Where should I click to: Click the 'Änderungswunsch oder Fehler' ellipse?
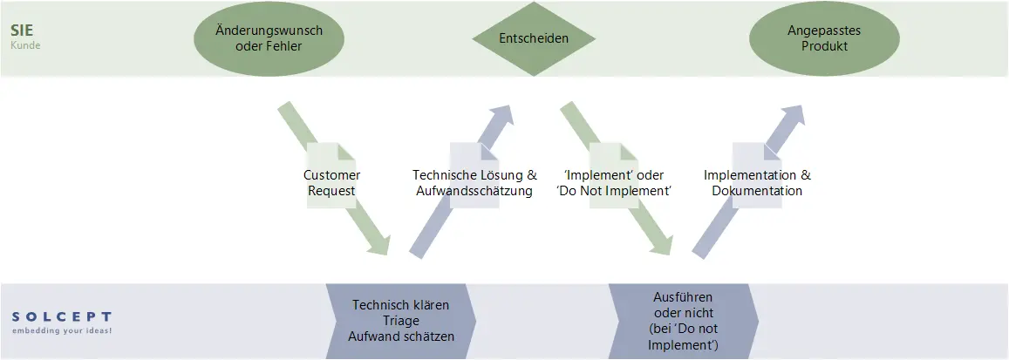[x=269, y=38]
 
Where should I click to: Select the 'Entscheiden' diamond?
[x=534, y=38]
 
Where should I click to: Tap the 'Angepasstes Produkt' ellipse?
[x=824, y=38]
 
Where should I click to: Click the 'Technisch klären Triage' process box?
[x=400, y=320]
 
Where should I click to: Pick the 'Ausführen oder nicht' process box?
[x=682, y=321]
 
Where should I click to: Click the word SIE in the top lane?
[x=23, y=30]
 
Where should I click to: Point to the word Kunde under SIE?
[x=25, y=44]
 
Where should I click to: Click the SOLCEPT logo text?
[x=62, y=316]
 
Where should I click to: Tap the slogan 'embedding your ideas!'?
[x=62, y=331]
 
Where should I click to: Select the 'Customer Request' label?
[x=331, y=183]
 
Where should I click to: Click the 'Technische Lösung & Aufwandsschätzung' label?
[x=474, y=183]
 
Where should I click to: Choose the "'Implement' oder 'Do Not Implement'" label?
[x=613, y=183]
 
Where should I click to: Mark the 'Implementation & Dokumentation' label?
[x=757, y=183]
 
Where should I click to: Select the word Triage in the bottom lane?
[x=400, y=320]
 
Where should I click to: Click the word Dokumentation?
[x=757, y=191]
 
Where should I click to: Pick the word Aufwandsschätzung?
[x=474, y=191]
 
